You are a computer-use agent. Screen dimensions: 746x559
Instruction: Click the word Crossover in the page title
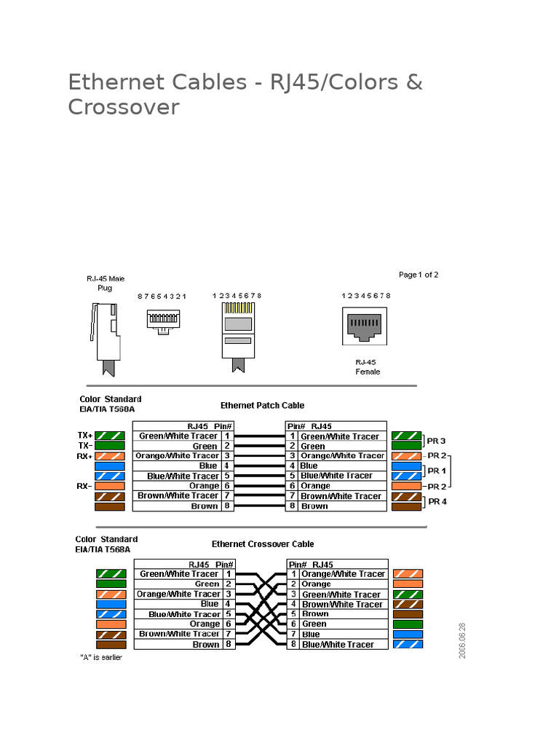tap(123, 107)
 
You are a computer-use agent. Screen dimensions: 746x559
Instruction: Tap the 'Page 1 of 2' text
tap(419, 275)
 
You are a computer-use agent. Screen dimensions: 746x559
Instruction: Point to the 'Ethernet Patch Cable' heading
tap(262, 405)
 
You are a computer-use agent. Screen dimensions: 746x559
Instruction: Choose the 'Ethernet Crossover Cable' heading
tap(263, 543)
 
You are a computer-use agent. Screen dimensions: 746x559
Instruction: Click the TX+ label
tap(85, 436)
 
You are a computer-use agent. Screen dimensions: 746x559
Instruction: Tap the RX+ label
tap(85, 456)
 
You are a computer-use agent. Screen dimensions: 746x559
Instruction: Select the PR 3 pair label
tap(437, 441)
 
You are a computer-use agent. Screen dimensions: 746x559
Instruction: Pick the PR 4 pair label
tap(437, 501)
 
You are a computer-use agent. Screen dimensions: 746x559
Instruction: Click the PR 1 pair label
tap(437, 471)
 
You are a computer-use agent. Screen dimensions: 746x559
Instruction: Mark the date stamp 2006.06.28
tap(462, 640)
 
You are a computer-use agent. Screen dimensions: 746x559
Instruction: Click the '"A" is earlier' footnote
tap(101, 657)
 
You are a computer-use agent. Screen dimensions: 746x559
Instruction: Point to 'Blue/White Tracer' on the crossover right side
tap(338, 644)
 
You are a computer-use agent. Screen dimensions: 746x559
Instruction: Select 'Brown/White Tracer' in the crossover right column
tap(342, 604)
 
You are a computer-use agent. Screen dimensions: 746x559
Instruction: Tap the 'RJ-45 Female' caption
tap(368, 366)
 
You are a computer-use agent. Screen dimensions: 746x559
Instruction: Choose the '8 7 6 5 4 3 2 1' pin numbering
tap(162, 297)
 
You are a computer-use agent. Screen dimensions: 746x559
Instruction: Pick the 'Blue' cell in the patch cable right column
tap(309, 466)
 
